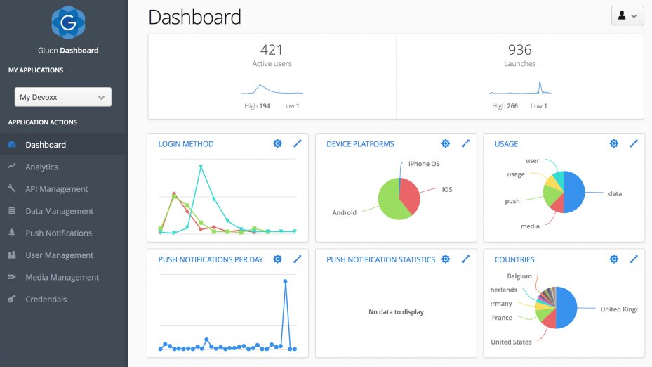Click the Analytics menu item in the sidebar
tap(41, 167)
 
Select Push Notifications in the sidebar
tap(58, 233)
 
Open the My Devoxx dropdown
tap(63, 97)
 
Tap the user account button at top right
tap(627, 15)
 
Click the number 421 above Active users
tap(272, 50)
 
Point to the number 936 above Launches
tap(519, 50)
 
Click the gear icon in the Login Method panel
tap(277, 143)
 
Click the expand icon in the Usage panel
tap(634, 143)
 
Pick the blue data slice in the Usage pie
tap(574, 193)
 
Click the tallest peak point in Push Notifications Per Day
tap(285, 281)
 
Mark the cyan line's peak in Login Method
tap(201, 167)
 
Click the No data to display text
tap(396, 312)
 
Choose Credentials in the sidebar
tap(46, 299)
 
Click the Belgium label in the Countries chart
tap(519, 276)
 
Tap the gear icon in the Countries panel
tap(613, 259)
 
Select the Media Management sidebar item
tap(62, 277)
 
